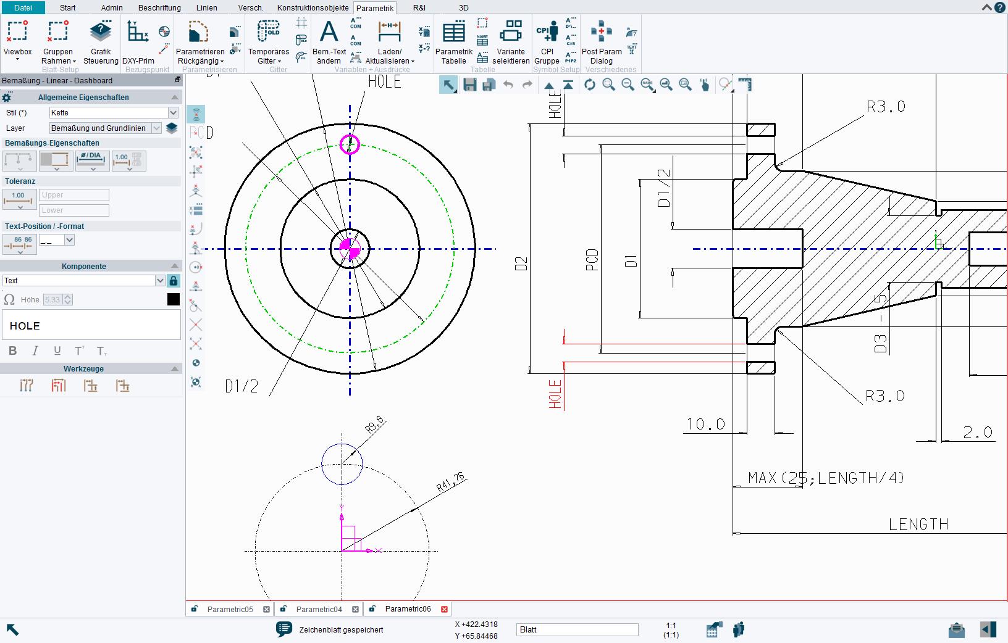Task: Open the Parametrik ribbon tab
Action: [x=375, y=8]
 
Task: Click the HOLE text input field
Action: [x=91, y=325]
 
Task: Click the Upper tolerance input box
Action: [x=74, y=195]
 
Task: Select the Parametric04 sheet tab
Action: [x=319, y=609]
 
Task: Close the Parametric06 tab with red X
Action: [x=444, y=609]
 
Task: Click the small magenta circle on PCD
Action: [x=350, y=144]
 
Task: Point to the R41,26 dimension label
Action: [x=451, y=482]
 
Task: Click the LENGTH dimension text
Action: [x=918, y=525]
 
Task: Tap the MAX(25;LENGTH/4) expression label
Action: [x=826, y=478]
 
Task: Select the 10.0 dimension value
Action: [x=705, y=425]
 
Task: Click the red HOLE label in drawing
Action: [x=555, y=394]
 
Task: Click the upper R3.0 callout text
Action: [x=886, y=107]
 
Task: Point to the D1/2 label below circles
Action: [x=241, y=387]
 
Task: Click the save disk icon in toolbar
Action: [x=470, y=85]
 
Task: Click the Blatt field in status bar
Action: [x=577, y=629]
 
